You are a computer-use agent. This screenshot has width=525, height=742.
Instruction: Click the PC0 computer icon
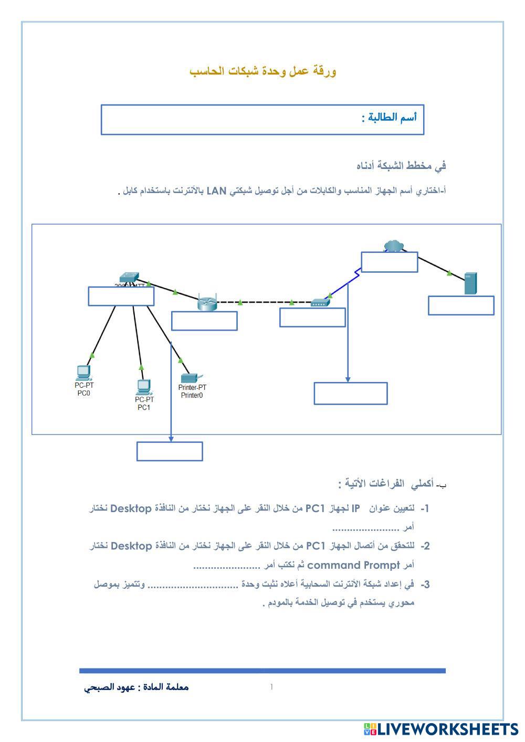[83, 373]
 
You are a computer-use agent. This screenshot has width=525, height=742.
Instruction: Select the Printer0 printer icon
[189, 378]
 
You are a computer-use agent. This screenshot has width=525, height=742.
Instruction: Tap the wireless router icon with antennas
[207, 302]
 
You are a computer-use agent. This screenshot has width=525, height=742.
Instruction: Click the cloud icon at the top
[392, 246]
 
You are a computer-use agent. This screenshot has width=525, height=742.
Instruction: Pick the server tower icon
[470, 283]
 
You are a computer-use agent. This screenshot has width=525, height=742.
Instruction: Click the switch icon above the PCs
[129, 277]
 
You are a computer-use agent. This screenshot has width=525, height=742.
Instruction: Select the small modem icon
[320, 302]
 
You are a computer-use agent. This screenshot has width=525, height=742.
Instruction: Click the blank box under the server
[461, 305]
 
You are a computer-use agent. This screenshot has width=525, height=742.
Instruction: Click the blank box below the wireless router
[204, 321]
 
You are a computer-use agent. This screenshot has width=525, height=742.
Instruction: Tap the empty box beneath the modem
[312, 317]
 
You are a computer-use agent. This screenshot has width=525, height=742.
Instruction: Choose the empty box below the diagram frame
[170, 451]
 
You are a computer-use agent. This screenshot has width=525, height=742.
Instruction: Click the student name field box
[262, 120]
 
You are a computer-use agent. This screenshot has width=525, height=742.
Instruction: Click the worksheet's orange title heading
[263, 71]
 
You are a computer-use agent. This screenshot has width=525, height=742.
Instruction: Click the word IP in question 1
[356, 508]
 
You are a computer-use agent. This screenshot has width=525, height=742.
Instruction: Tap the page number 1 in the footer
[271, 687]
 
